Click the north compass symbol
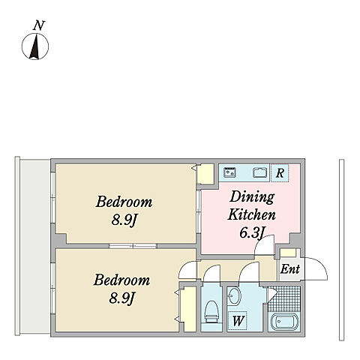coord(35,46)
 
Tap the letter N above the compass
coord(39,25)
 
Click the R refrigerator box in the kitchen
coord(280,172)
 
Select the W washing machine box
coord(238,320)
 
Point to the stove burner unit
coord(230,172)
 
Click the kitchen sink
coord(260,172)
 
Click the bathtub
coord(284,322)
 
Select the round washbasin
coord(235,296)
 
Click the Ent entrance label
coord(289,269)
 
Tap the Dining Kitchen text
coord(252,205)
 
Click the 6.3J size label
coord(252,233)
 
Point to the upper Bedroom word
coord(124,202)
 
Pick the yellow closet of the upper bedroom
coord(205,173)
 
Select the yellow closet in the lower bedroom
coord(189,309)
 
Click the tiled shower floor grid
coord(284,298)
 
